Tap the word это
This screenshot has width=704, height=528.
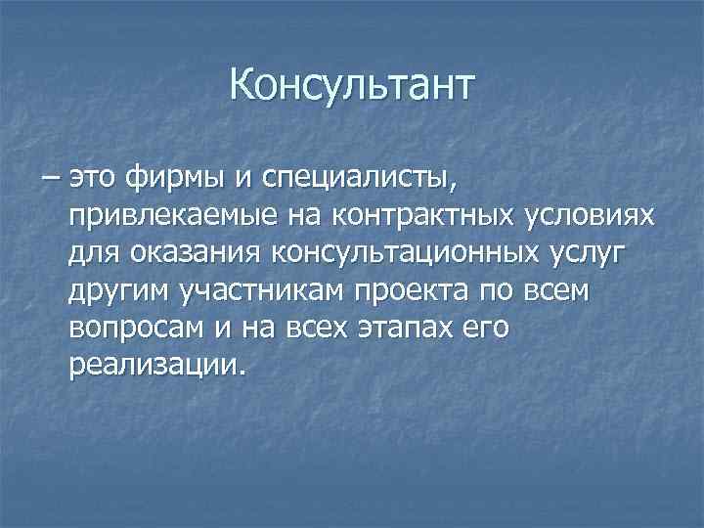tap(101, 180)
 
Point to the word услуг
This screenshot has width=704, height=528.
tap(605, 254)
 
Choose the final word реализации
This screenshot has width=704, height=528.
tap(154, 366)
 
